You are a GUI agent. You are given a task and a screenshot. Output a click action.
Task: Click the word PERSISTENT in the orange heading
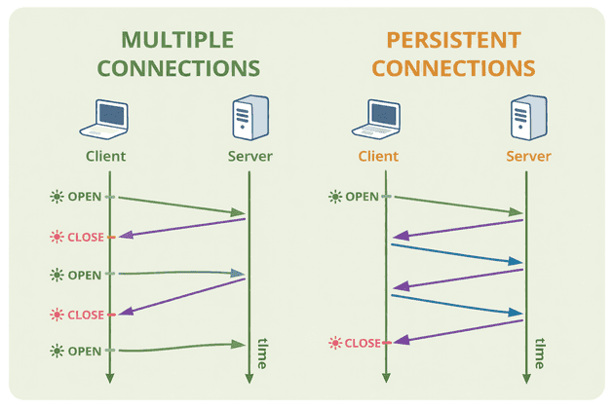tap(454, 40)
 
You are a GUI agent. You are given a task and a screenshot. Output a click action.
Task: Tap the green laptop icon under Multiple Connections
tap(104, 116)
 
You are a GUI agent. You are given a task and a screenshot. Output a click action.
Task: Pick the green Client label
tap(104, 156)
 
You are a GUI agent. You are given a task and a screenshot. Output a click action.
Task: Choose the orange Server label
tap(528, 156)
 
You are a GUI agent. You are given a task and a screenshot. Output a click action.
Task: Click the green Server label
tap(249, 156)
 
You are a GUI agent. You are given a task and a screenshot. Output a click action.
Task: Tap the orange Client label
tap(378, 156)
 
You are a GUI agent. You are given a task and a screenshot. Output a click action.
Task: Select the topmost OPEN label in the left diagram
tap(83, 197)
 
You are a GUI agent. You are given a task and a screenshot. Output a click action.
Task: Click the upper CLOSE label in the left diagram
tap(85, 237)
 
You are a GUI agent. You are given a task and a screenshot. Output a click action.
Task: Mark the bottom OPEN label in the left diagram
tap(83, 350)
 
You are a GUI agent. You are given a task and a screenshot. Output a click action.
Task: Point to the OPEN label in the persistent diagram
tap(362, 197)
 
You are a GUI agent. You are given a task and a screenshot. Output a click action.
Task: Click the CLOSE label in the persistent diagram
tap(363, 343)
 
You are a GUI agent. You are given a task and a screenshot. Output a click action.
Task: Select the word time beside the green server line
tap(262, 353)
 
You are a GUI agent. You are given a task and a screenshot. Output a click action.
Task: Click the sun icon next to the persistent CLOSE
tap(335, 343)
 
